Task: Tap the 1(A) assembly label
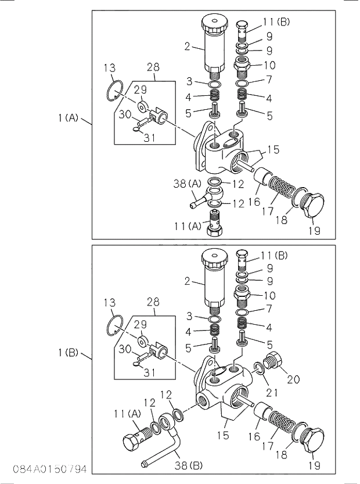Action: (x=68, y=118)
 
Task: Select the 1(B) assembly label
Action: (x=68, y=353)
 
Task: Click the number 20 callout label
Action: (x=294, y=380)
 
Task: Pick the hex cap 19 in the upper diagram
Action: (x=315, y=209)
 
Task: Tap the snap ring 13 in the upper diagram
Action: (x=114, y=92)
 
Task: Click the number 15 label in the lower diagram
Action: (x=222, y=434)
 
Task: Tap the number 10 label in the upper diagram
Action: (x=269, y=65)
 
